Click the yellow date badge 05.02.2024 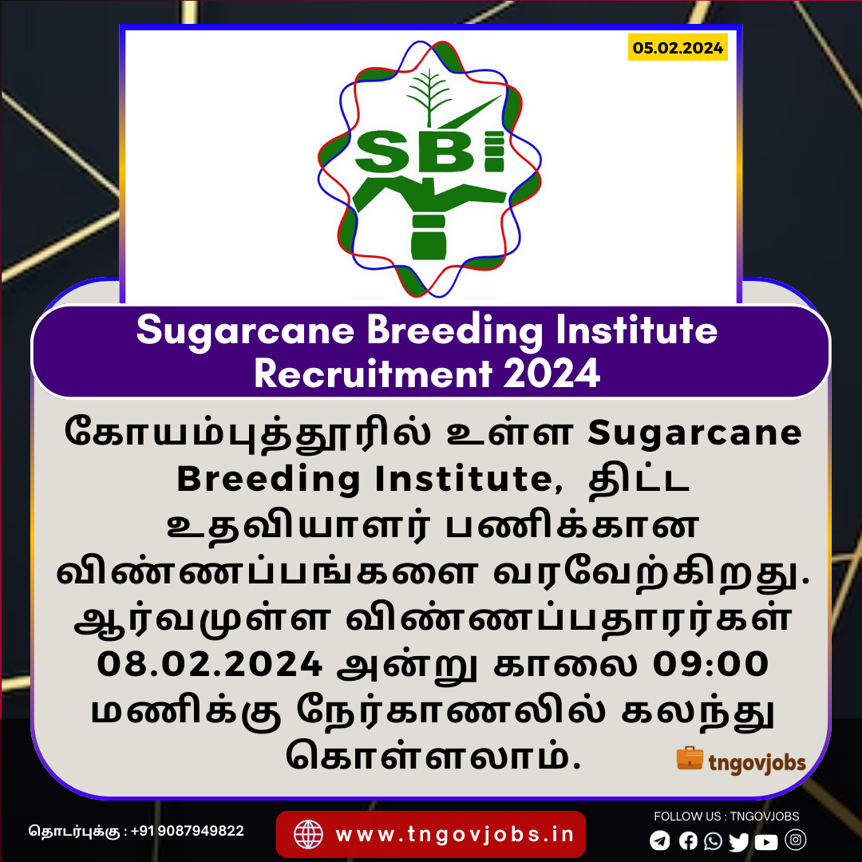coord(678,47)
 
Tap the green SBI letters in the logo coord(429,151)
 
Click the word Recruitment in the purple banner coord(373,374)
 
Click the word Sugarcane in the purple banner coord(245,331)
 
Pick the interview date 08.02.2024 coord(209,663)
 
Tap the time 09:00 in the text coord(710,663)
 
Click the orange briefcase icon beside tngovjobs coord(690,758)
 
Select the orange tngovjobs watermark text coord(757,763)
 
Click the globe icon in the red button coord(308,834)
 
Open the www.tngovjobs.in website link coord(455,835)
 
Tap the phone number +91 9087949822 coord(188,831)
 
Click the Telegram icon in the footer coord(660,840)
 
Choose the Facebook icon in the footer coord(688,840)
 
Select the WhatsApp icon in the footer coord(713,840)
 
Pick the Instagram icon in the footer coord(796,840)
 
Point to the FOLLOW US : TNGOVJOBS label coord(726,817)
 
